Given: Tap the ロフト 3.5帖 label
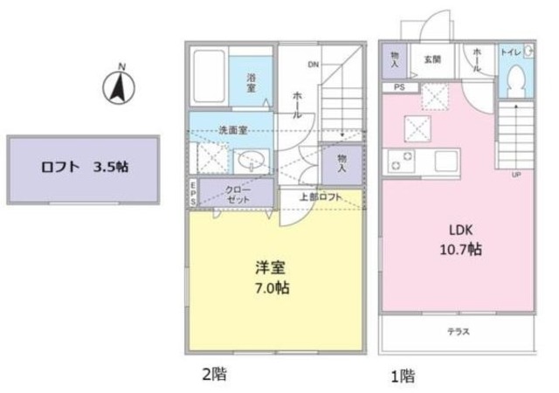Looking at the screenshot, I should coord(85,168).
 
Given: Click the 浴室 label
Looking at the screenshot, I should coord(251,83).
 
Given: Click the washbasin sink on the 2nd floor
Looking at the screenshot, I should coord(252,161).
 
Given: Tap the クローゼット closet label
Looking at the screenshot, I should coord(238,194).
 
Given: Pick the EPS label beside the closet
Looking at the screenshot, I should coord(193,193).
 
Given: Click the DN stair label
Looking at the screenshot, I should coord(312,64).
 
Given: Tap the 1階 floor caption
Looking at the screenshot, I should coord(403,376).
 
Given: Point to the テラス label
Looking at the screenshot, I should coord(459,331).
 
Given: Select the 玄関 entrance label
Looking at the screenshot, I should coord(432,60).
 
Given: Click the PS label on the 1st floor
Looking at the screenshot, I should coord(398,87).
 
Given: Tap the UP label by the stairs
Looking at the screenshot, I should coord(516,175).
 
